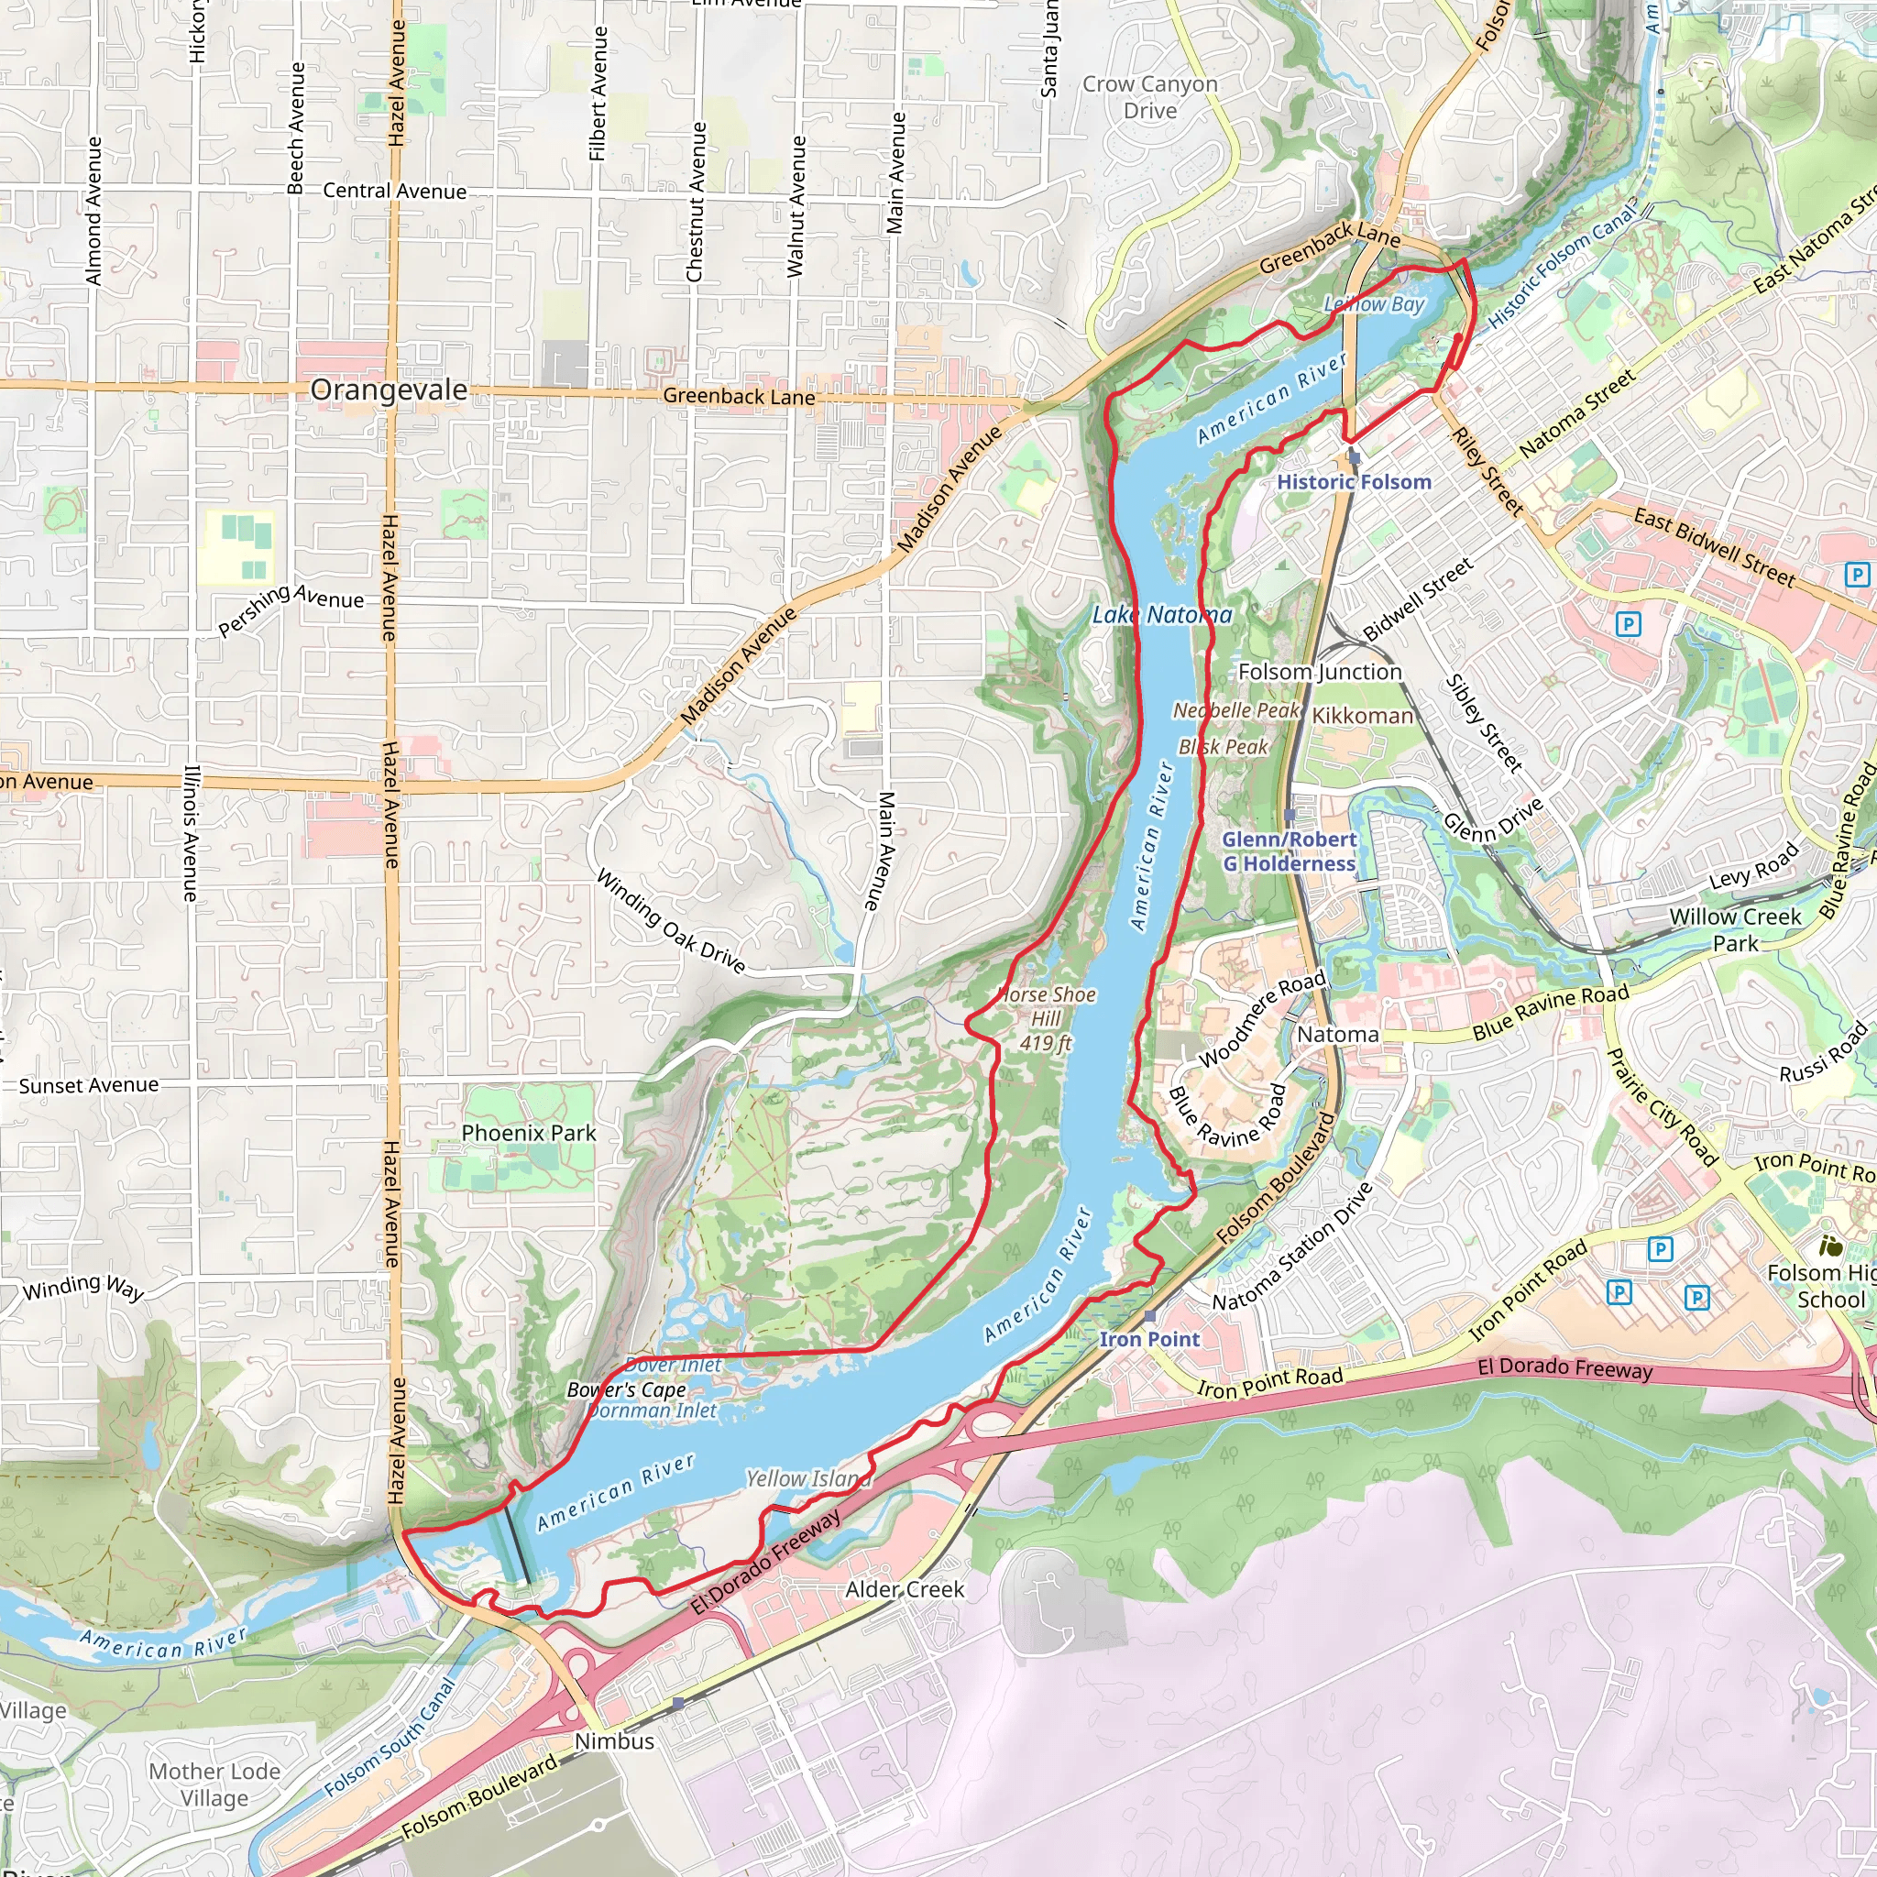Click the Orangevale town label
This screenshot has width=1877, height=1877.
[x=389, y=390]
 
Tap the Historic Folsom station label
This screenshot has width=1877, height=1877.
[x=1354, y=482]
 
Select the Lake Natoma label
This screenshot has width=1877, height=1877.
[x=1162, y=615]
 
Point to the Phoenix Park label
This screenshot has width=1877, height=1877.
[x=529, y=1133]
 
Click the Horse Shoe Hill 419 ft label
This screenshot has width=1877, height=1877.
[x=1047, y=1019]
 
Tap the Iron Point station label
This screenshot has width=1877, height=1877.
[x=1149, y=1339]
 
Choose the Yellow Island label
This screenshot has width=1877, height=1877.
[x=808, y=1478]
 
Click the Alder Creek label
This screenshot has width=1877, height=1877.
[x=905, y=1589]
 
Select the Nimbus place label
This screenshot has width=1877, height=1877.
[x=614, y=1741]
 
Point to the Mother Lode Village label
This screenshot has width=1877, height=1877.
[x=214, y=1784]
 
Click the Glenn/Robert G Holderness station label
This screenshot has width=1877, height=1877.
[x=1289, y=852]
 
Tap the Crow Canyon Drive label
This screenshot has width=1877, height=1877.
[x=1150, y=97]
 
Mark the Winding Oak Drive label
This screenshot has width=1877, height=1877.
[x=670, y=921]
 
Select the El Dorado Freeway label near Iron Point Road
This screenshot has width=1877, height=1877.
[x=1564, y=1369]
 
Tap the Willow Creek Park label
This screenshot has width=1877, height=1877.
[x=1735, y=929]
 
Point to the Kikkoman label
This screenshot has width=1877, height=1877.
[x=1363, y=716]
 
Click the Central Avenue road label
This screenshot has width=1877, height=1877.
[x=394, y=192]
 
